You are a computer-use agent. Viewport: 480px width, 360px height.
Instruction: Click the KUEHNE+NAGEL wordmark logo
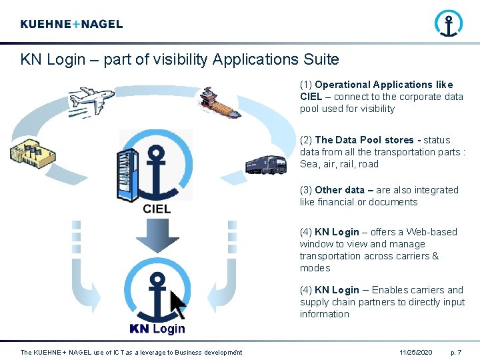(x=71, y=24)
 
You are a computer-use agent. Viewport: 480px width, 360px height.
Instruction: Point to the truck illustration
(x=265, y=164)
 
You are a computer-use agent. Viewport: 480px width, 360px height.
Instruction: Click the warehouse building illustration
(x=30, y=152)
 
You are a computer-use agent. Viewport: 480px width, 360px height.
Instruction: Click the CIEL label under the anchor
(x=157, y=209)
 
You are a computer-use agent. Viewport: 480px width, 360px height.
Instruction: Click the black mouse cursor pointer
(x=178, y=305)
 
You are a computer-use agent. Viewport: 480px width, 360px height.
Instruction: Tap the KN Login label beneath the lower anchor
(x=157, y=329)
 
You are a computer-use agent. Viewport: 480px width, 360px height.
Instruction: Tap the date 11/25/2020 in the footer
(x=416, y=352)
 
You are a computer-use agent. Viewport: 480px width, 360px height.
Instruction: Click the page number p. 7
(x=457, y=352)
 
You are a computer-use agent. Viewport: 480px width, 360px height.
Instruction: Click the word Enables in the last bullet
(x=389, y=290)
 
